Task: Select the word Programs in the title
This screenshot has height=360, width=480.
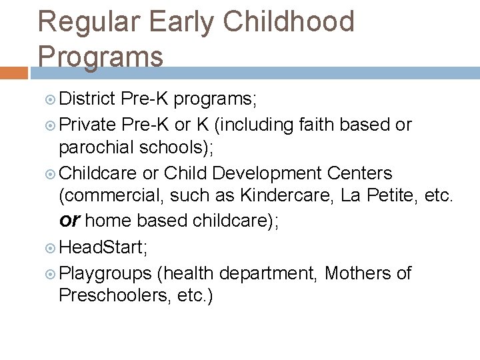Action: pyautogui.click(x=101, y=56)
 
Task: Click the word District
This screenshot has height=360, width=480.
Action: pyautogui.click(x=88, y=100)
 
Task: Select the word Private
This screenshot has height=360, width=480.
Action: pyautogui.click(x=88, y=125)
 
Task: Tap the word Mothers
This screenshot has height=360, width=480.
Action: pyautogui.click(x=359, y=273)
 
